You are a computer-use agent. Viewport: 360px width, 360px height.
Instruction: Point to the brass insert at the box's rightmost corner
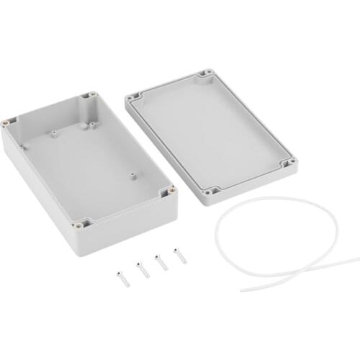[x=171, y=192]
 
